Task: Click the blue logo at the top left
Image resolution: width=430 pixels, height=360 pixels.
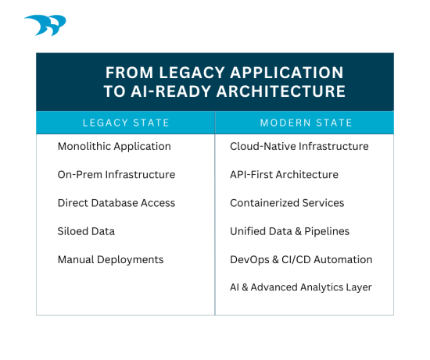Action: pyautogui.click(x=45, y=26)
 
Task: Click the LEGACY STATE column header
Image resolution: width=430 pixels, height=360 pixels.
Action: pyautogui.click(x=125, y=123)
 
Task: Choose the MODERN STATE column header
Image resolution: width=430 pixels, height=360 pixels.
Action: pyautogui.click(x=306, y=123)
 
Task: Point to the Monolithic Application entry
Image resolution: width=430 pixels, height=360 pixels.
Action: pyautogui.click(x=114, y=146)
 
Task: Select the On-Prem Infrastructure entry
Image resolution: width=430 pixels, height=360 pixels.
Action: pyautogui.click(x=116, y=174)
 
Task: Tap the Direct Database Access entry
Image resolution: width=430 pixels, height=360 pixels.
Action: pyautogui.click(x=116, y=202)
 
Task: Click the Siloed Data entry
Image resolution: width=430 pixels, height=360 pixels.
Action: pyautogui.click(x=86, y=231)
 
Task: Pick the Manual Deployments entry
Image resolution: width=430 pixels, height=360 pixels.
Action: pyautogui.click(x=110, y=259)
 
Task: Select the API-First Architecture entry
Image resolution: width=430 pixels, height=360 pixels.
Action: pyautogui.click(x=284, y=174)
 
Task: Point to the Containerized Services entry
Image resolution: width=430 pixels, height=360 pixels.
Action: pyautogui.click(x=287, y=202)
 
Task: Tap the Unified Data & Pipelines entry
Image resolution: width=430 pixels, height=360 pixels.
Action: pyautogui.click(x=289, y=231)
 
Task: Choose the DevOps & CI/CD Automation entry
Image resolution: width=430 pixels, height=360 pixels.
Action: pyautogui.click(x=301, y=259)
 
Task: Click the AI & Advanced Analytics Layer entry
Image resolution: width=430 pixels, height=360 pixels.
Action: pyautogui.click(x=301, y=287)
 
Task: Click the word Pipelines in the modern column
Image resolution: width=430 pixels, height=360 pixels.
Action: pyautogui.click(x=327, y=231)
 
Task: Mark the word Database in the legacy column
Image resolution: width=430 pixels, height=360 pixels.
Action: pyautogui.click(x=116, y=202)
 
